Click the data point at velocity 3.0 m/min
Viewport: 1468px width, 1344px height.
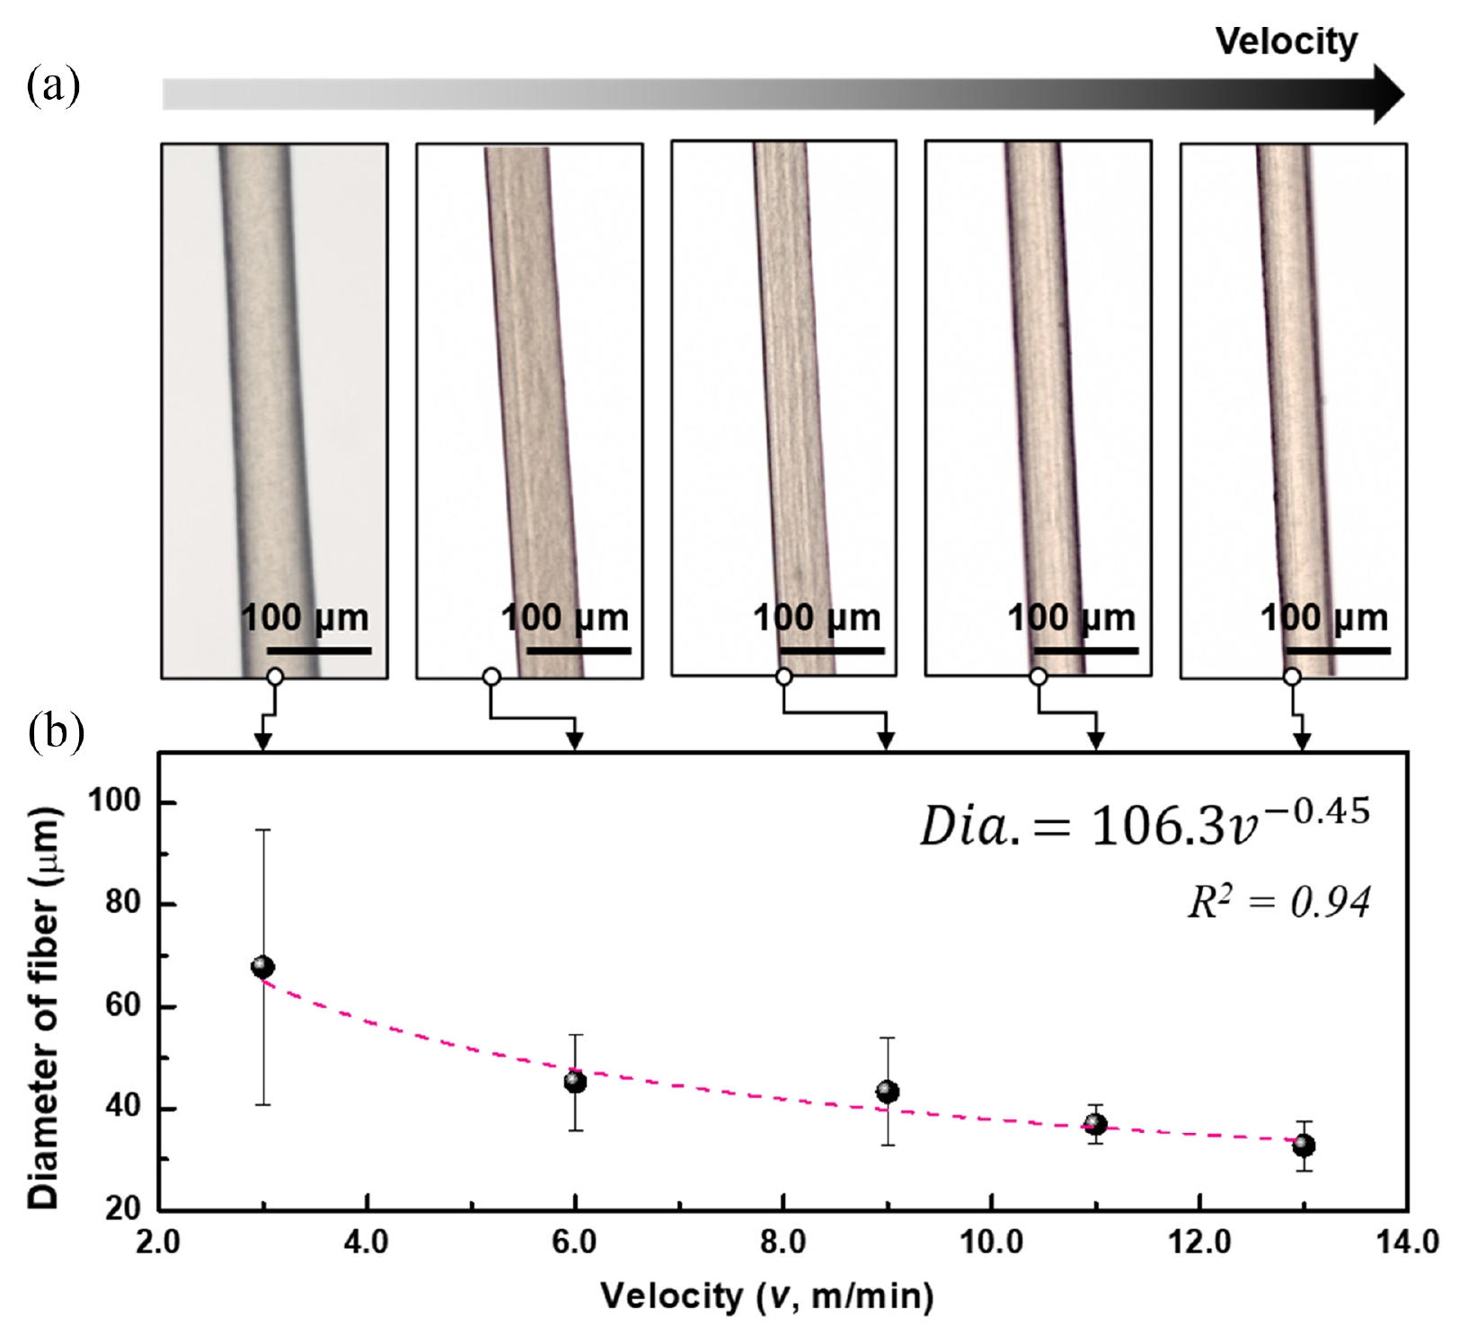tap(262, 967)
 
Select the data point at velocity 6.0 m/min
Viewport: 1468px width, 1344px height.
tap(575, 1082)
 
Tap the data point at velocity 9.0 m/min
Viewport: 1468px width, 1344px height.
tap(888, 1092)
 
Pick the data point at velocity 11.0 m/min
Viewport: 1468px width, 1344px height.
tap(1095, 1124)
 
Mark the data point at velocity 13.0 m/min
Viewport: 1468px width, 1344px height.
tap(1304, 1145)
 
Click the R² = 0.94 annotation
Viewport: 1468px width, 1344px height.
tap(1279, 902)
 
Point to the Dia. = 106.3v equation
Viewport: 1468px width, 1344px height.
tap(1145, 823)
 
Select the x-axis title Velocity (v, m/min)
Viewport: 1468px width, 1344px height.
tap(767, 1295)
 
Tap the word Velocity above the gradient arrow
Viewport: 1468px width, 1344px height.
tap(1286, 40)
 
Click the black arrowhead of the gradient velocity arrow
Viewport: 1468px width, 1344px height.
tap(1388, 93)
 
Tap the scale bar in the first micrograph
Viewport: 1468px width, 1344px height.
tap(319, 650)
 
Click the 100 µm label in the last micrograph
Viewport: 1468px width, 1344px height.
tap(1323, 617)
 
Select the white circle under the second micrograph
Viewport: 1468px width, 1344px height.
tap(491, 676)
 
